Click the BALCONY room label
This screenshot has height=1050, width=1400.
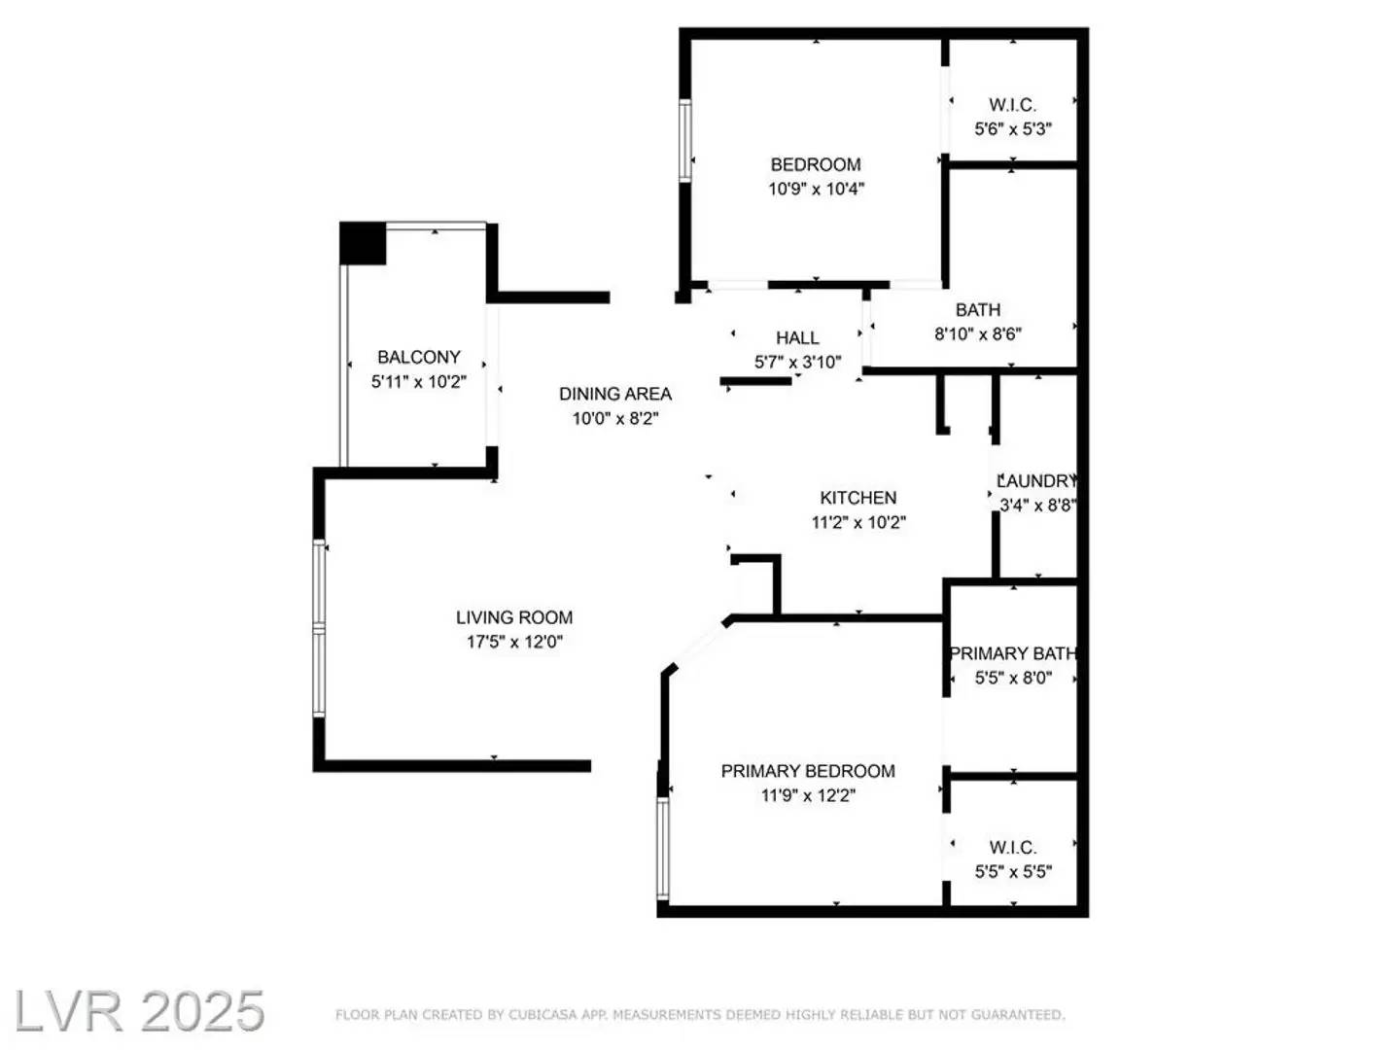(419, 357)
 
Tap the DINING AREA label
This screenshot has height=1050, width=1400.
(614, 394)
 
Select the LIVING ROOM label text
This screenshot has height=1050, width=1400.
(514, 617)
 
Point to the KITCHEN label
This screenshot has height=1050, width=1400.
(857, 498)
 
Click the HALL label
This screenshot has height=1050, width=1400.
(797, 337)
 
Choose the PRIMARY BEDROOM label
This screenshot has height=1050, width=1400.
(808, 771)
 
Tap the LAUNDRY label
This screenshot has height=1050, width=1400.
(1037, 480)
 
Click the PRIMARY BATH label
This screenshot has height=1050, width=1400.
(1013, 653)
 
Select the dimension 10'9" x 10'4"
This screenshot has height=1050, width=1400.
(816, 189)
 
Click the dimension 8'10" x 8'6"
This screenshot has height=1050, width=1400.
(977, 333)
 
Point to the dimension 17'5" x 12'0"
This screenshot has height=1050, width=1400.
(514, 642)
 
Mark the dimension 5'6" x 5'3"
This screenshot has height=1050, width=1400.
(1013, 128)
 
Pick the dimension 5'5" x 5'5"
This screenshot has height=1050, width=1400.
(1013, 872)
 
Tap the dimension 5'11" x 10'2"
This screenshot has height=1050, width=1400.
(419, 382)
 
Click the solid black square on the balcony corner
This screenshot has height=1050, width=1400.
(363, 243)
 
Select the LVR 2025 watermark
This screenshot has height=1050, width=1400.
(139, 1011)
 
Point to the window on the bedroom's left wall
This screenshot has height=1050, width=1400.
(685, 140)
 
